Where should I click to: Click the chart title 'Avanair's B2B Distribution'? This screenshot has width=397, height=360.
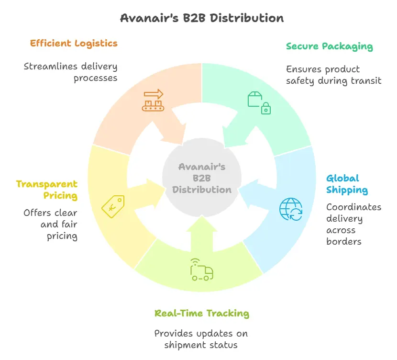click(x=201, y=18)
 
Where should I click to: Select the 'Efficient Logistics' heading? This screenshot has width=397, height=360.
click(x=74, y=44)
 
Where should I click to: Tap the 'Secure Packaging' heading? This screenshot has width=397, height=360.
click(x=329, y=46)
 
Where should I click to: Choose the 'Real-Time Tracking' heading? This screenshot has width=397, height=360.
click(x=201, y=314)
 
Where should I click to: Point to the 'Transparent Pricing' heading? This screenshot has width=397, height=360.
click(x=47, y=190)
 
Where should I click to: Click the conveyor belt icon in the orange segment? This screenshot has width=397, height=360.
click(x=153, y=101)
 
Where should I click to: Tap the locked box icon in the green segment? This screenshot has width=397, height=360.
click(x=259, y=102)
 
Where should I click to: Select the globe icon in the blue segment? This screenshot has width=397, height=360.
click(x=291, y=209)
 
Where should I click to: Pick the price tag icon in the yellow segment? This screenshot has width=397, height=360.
click(x=113, y=205)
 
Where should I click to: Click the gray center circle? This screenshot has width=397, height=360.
click(x=201, y=178)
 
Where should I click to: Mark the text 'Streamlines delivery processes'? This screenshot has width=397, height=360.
click(x=71, y=72)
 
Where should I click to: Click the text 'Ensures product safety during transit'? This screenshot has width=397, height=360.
click(x=333, y=75)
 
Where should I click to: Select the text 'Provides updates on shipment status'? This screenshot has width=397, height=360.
click(x=201, y=339)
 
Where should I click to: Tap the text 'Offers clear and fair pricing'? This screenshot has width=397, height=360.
click(x=51, y=224)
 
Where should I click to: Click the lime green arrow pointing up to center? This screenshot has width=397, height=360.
click(x=201, y=239)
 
